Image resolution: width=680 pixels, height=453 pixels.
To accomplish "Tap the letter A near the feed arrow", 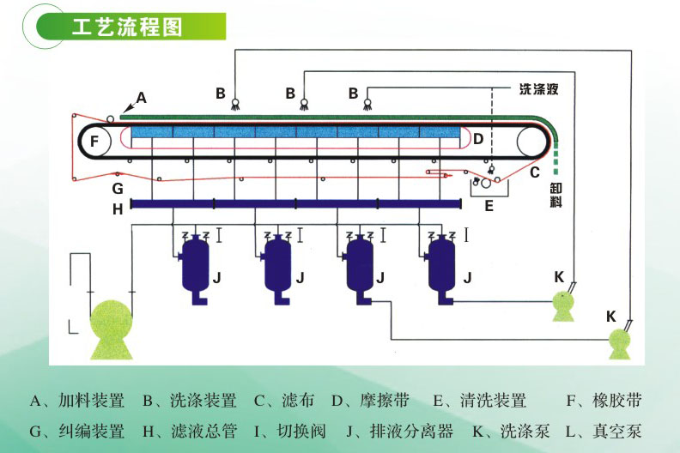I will coord(142,98).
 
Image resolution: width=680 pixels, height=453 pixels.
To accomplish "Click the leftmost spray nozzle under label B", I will coord(234,106).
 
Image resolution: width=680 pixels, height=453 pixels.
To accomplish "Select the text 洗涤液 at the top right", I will coord(538,88).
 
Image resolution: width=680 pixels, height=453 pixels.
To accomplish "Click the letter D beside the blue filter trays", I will coord(478,137).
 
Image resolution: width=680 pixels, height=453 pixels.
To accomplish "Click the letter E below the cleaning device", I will coord(489,206).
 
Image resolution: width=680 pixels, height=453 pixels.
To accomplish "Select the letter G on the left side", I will coord(118,188).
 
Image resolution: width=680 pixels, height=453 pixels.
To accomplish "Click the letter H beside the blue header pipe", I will coord(118,207).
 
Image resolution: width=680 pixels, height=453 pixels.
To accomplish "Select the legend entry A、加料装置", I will coord(77,401).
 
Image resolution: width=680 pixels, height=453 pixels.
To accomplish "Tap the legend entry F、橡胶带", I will coord(604,401).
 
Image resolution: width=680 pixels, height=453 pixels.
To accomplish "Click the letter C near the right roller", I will coord(534,172).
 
